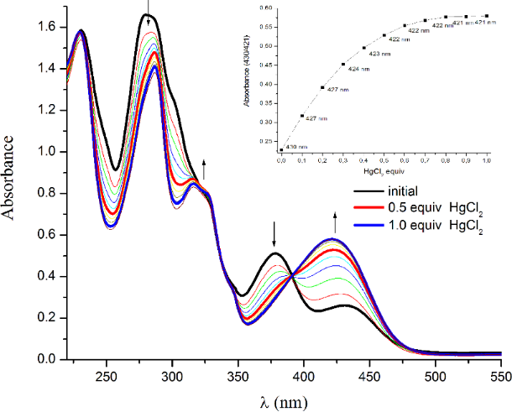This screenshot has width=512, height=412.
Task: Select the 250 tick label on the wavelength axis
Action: [x=106, y=375]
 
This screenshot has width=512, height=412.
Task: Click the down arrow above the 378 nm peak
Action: [x=274, y=234]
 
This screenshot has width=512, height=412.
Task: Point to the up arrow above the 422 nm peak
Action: [x=336, y=222]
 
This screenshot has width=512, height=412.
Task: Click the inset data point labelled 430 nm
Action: [x=281, y=150]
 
